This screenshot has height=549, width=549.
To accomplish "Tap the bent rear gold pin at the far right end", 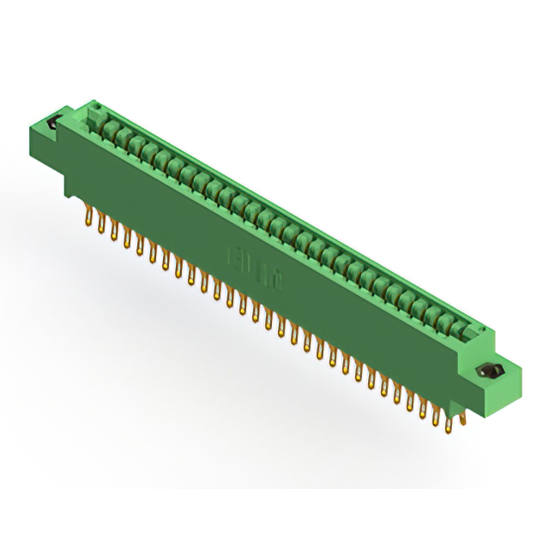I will tap(461, 419).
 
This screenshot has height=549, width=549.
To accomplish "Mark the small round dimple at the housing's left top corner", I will tap(98, 107).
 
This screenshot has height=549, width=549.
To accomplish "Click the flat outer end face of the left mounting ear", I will tap(42, 146).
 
